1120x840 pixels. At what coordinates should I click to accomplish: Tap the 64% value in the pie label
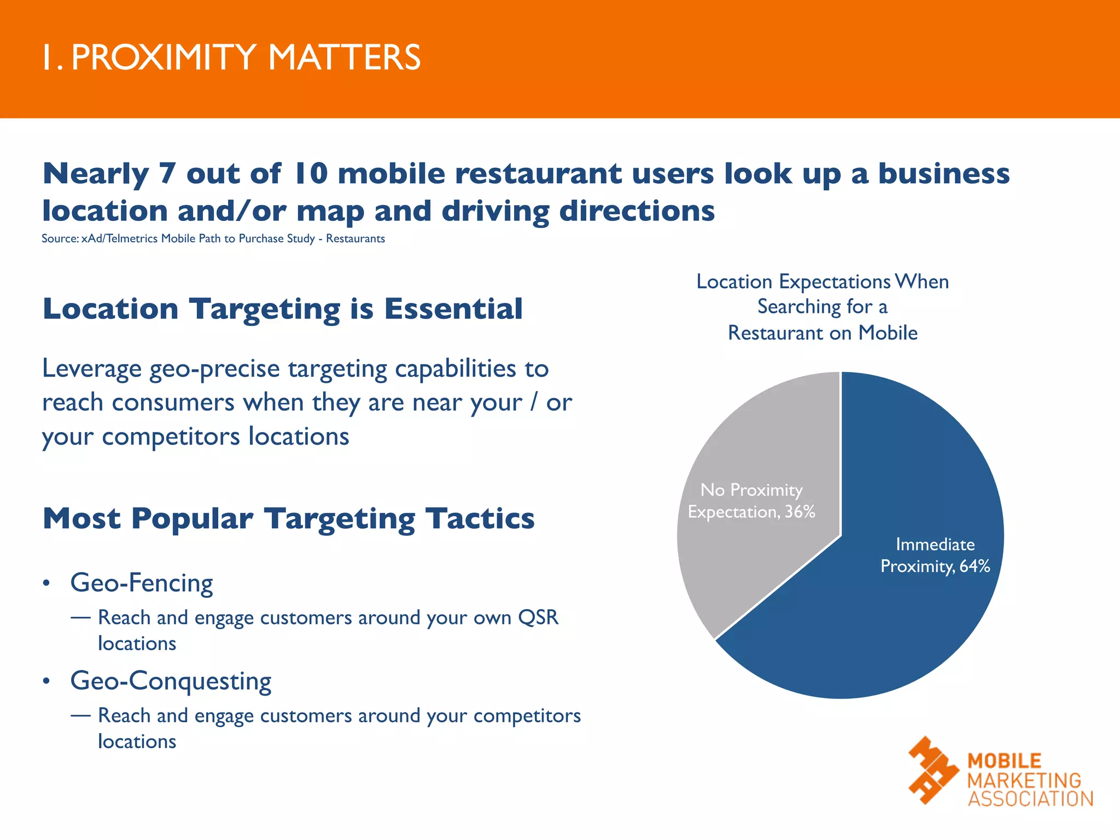[x=975, y=566]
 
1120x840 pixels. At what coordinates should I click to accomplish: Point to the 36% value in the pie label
[x=800, y=512]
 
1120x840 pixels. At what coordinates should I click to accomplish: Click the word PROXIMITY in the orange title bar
[x=164, y=57]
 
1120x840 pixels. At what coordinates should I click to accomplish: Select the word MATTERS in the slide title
[x=344, y=57]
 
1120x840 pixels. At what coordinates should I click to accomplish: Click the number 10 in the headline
[x=310, y=174]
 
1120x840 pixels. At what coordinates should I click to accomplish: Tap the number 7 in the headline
[x=167, y=174]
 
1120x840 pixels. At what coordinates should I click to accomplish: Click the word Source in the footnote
[x=59, y=239]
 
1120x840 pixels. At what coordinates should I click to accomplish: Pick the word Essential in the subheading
[x=453, y=309]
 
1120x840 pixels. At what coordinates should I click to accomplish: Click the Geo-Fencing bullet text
[x=142, y=583]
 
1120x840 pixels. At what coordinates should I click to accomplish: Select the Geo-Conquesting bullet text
[x=171, y=681]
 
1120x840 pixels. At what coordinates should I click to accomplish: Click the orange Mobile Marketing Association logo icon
[x=933, y=770]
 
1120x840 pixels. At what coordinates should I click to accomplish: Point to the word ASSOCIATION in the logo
[x=1030, y=799]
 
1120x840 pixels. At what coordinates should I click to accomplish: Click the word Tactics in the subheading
[x=480, y=518]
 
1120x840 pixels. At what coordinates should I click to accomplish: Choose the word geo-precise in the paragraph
[x=215, y=369]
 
